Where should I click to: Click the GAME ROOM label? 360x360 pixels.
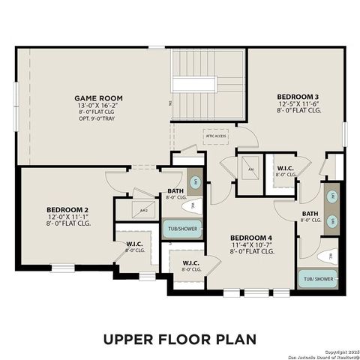pyautogui.click(x=98, y=98)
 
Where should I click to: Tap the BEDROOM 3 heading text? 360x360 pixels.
pyautogui.click(x=298, y=96)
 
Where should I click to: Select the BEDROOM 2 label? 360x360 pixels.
pyautogui.click(x=67, y=209)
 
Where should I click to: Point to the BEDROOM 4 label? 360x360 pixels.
pyautogui.click(x=252, y=238)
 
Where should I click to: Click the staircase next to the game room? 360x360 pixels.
pyautogui.click(x=208, y=86)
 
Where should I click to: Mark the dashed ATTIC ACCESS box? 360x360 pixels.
pyautogui.click(x=215, y=136)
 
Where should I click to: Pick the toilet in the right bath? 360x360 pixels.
pyautogui.click(x=326, y=256)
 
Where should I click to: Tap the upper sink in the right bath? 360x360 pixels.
pyautogui.click(x=331, y=196)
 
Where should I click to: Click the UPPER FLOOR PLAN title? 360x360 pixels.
pyautogui.click(x=179, y=339)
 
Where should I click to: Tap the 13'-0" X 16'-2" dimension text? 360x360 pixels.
pyautogui.click(x=98, y=106)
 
